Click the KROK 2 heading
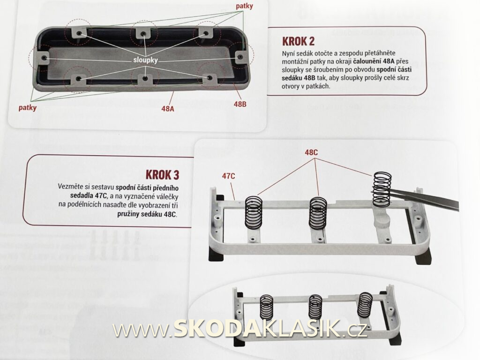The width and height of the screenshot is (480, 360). [x=298, y=41]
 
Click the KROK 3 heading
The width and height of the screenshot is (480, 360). [x=162, y=175]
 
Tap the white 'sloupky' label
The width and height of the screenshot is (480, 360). [x=145, y=60]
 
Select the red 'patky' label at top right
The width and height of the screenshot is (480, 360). [x=244, y=6]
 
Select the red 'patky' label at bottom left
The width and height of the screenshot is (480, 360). [x=27, y=107]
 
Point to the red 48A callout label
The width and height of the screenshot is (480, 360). [x=168, y=108]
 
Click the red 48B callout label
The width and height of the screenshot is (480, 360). [x=240, y=104]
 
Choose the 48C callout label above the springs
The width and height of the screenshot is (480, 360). [x=311, y=152]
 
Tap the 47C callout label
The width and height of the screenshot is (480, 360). [x=229, y=176]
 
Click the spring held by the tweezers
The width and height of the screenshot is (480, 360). [x=382, y=188]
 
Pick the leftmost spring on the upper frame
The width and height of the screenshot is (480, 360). [x=254, y=212]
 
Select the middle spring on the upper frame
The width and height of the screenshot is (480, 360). [x=318, y=213]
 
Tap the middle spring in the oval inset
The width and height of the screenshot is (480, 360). [x=315, y=306]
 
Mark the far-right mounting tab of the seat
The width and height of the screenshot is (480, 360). [x=240, y=57]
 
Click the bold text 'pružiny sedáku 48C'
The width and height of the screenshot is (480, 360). [x=147, y=214]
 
